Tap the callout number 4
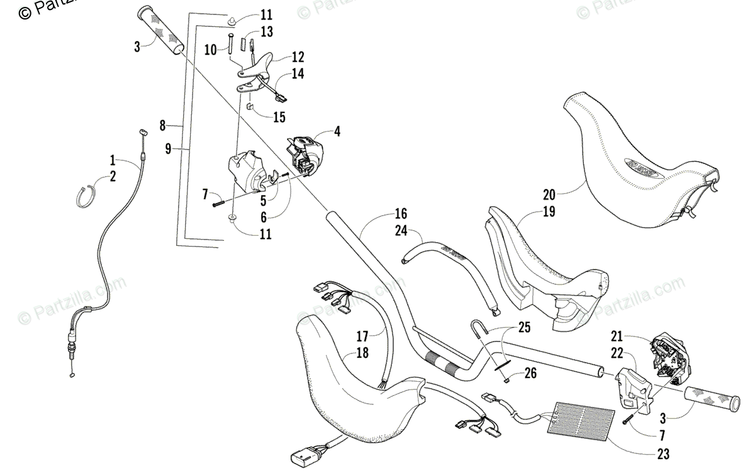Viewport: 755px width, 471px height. [x=337, y=131]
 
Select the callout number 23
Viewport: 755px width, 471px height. [x=663, y=454]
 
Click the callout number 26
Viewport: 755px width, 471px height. [x=530, y=374]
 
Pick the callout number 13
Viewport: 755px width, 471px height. [x=266, y=31]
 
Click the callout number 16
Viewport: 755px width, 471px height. [x=401, y=213]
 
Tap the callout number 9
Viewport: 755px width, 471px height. [x=168, y=148]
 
